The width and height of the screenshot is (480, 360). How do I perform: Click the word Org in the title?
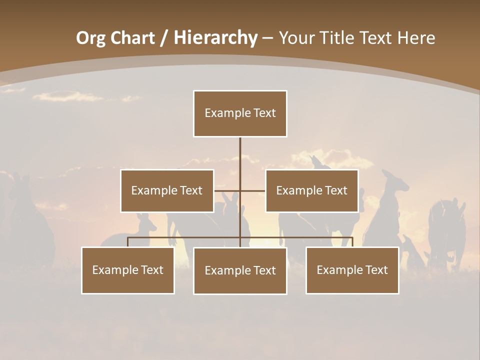(x=90, y=38)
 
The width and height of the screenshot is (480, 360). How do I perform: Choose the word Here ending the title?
(x=416, y=38)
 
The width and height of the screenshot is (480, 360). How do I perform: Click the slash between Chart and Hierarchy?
(x=164, y=38)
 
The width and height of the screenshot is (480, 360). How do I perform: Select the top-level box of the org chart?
(x=240, y=113)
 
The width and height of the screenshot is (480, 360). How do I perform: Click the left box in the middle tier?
(x=167, y=190)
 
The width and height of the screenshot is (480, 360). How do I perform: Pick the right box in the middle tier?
(x=312, y=190)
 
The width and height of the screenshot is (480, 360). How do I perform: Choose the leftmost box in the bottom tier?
(x=128, y=270)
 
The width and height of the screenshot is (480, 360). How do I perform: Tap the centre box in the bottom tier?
(x=240, y=270)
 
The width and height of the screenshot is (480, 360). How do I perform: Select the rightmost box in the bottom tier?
(x=352, y=270)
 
